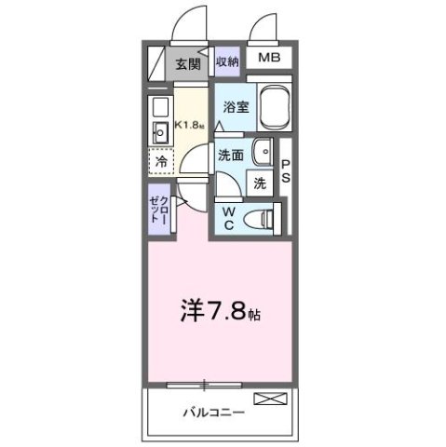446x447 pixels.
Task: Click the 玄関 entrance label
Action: coord(187,64)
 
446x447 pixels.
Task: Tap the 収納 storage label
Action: coord(227,62)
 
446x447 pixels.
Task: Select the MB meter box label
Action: coord(269,59)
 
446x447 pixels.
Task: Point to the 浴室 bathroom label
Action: coord(234,106)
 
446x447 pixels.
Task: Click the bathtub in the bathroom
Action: coord(276,110)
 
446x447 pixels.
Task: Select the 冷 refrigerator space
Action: coord(159,161)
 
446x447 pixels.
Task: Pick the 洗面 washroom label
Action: coord(232,155)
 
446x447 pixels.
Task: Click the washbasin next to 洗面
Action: coord(264,149)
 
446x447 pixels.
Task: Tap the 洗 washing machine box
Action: coord(260,183)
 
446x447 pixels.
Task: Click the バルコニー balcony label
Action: coord(213,411)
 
